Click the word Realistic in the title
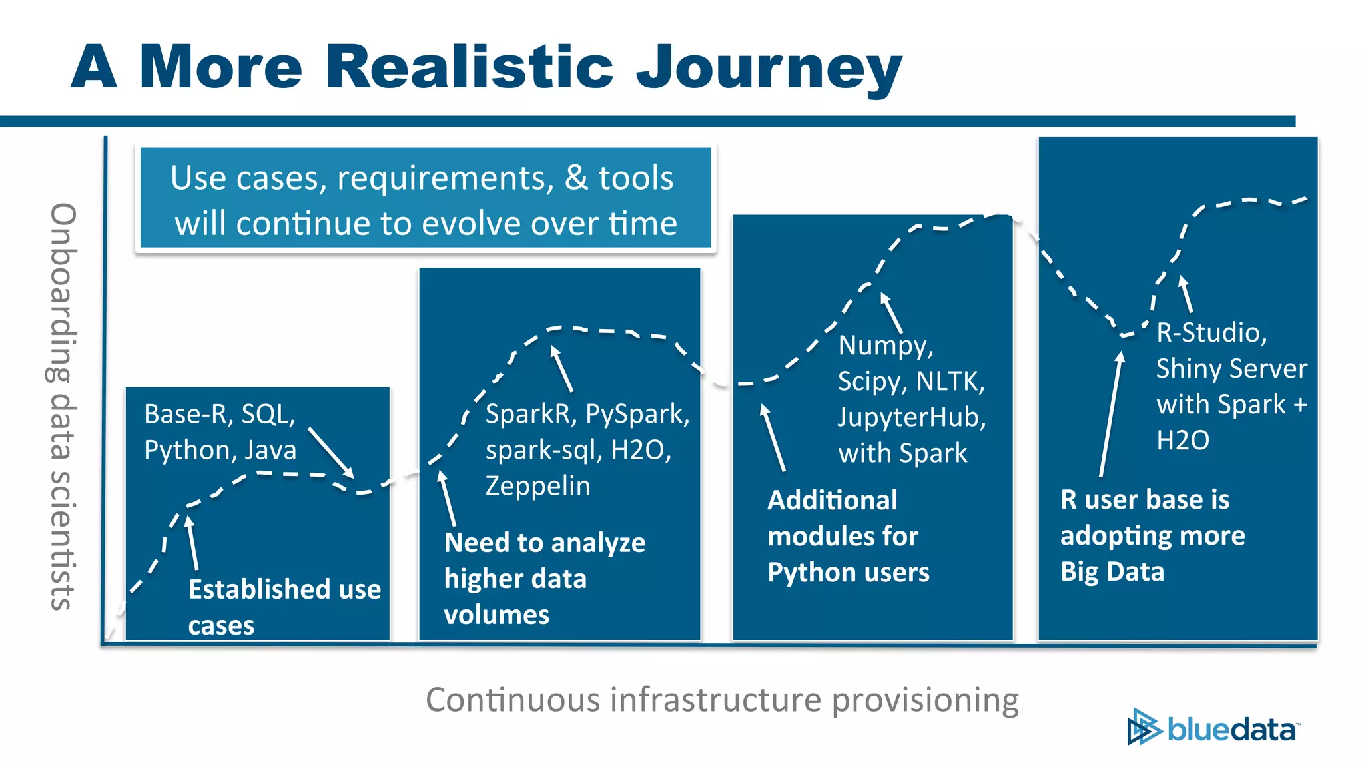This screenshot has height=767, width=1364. coord(469,67)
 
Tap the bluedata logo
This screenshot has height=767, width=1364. coord(1213,728)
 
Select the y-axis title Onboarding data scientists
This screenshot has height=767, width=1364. coord(63,406)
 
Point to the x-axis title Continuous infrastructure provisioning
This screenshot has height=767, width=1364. coord(722,700)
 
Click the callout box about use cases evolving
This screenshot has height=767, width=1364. coord(426,198)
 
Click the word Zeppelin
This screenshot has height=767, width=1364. coord(537,486)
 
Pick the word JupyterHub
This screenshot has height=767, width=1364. coord(911,417)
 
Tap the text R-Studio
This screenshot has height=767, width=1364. coord(1211,332)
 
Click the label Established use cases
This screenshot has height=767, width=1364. coord(284,607)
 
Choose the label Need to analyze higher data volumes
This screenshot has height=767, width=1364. coord(545,578)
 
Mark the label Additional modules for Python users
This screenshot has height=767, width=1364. coord(848,536)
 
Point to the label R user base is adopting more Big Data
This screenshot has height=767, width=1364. coord(1152,535)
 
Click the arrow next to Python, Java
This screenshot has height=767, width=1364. coord(330,452)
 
